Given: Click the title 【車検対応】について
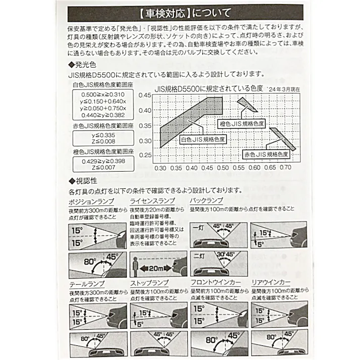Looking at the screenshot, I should [x=180, y=12].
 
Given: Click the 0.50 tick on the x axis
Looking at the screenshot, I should [x=222, y=167].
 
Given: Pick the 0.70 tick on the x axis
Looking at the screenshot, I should [x=285, y=167].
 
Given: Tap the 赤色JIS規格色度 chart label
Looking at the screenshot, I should [x=266, y=153].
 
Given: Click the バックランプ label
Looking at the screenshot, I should [x=207, y=201].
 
